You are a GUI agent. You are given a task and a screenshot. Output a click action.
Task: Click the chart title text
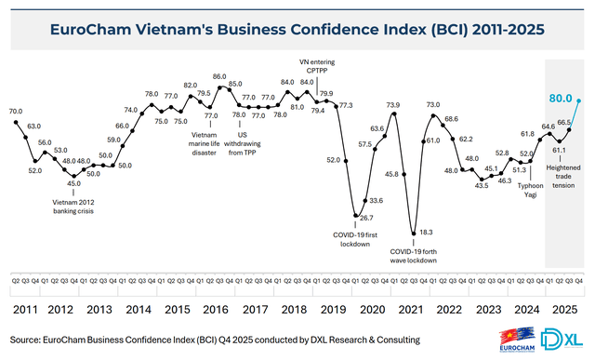(x=297, y=29)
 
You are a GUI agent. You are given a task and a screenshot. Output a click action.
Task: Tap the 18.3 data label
(x=425, y=231)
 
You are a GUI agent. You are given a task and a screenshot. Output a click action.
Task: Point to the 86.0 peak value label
(x=219, y=76)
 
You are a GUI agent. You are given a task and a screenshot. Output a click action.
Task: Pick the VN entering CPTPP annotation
(x=317, y=66)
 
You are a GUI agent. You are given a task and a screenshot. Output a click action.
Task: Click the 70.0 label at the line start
(x=16, y=112)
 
